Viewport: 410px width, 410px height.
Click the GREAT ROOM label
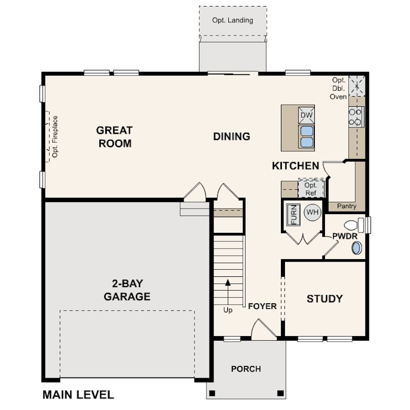point(114,137)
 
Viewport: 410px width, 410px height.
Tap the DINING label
point(232,137)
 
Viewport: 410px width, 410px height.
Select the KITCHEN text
point(296,166)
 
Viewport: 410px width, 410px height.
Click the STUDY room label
point(324,299)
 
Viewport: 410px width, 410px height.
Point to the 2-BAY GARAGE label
point(127,290)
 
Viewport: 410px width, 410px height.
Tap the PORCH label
point(246,369)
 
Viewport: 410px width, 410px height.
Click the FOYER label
point(262,306)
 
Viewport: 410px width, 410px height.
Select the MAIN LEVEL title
point(78,395)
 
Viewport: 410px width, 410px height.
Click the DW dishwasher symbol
point(306,115)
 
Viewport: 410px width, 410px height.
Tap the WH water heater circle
point(312,212)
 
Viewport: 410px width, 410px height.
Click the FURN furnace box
point(294,215)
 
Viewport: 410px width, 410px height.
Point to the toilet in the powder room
point(354,225)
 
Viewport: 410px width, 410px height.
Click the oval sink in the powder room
point(356,248)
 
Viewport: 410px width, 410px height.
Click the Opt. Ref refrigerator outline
point(311,189)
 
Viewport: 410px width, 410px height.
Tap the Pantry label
point(346,206)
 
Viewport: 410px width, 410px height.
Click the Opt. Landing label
point(232,20)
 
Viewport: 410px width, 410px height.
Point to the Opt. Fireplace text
point(55,137)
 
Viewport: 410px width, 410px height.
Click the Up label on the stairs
point(228,310)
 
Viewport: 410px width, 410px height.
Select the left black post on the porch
point(212,393)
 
